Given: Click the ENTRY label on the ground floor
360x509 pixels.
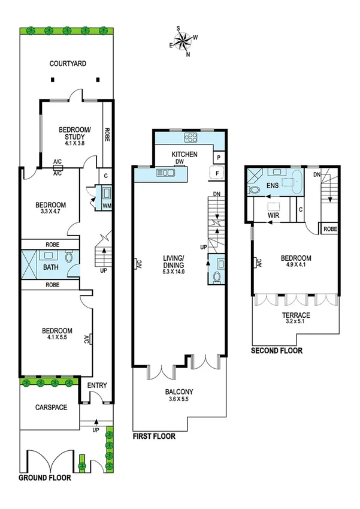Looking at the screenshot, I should click(96, 385).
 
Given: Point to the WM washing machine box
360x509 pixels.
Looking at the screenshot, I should click(107, 206).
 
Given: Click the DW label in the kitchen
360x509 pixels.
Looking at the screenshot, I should click(179, 161).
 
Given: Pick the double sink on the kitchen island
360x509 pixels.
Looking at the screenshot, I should click(165, 174).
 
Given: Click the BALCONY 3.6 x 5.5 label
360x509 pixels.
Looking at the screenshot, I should click(180, 396).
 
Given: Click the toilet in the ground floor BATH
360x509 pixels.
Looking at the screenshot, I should click(69, 257).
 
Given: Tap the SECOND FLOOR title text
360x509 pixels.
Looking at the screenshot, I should click(277, 351).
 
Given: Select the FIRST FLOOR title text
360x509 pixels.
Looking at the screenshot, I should click(154, 436).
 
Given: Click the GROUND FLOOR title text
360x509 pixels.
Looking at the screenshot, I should click(44, 478).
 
